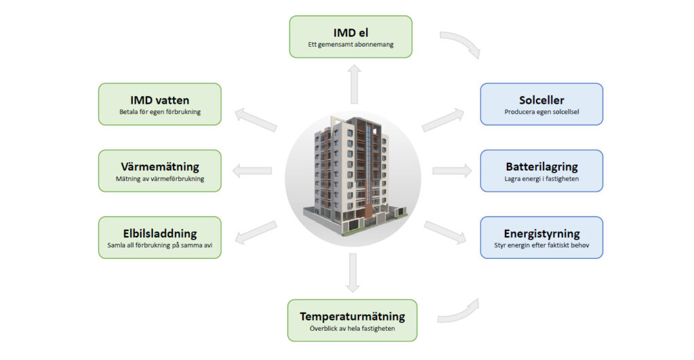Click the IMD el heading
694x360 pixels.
pos(350,33)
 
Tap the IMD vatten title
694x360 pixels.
pos(159,100)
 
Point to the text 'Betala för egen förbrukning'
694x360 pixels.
pos(159,112)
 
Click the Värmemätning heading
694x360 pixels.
pos(159,166)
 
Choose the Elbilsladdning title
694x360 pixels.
pos(159,233)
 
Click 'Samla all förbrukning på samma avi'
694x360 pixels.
pos(159,245)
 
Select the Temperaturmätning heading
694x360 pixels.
pos(352,316)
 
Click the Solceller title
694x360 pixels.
pos(542,100)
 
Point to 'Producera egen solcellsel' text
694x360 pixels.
pos(542,112)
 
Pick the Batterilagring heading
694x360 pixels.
pos(542,166)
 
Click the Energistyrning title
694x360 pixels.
pos(542,233)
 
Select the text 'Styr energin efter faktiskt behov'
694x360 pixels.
pos(542,245)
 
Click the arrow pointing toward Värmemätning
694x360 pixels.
pos(252,170)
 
